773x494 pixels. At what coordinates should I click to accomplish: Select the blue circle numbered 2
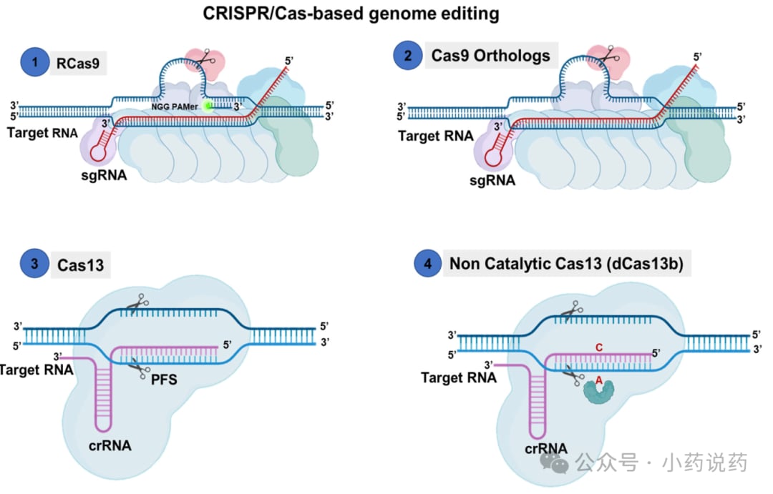[409, 56]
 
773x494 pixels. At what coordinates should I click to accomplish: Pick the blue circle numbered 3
[34, 265]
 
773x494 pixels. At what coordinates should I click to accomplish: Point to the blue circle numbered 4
[427, 264]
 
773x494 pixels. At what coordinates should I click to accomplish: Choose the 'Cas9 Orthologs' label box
[490, 56]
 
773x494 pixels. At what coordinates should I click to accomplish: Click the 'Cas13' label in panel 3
[81, 266]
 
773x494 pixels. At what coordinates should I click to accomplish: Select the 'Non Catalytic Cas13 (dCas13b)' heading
[566, 264]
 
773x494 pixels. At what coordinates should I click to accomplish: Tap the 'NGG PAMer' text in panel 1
[174, 106]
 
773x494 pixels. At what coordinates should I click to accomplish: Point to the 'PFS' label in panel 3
[163, 380]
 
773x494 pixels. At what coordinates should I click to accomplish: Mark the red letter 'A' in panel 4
[599, 380]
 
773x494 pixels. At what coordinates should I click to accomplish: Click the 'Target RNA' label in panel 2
[434, 136]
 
